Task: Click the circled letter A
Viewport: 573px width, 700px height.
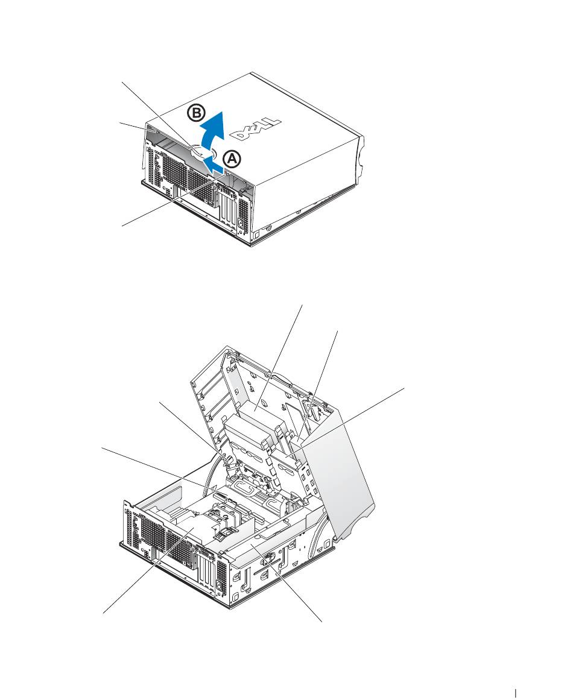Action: [x=232, y=159]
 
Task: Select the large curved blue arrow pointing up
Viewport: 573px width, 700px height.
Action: [x=212, y=132]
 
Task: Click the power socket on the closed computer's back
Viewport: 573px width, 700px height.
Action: [x=242, y=224]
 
